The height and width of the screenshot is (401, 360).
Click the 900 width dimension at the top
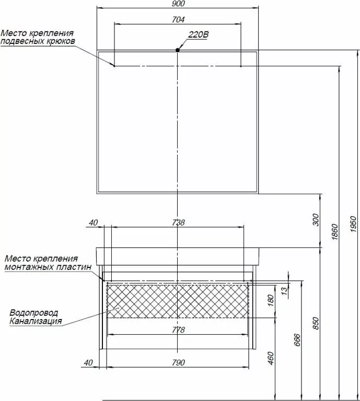click(x=178, y=4)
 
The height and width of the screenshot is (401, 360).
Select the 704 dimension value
click(x=178, y=19)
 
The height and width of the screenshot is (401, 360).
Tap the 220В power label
click(x=199, y=34)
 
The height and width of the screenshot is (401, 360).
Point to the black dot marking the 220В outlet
click(x=178, y=50)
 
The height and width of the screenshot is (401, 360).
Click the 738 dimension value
click(x=178, y=222)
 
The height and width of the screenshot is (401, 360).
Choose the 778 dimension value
click(x=178, y=330)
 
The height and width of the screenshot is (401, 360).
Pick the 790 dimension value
click(x=178, y=363)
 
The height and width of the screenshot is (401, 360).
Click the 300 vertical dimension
click(x=316, y=220)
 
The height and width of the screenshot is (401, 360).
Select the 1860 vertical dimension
click(x=335, y=232)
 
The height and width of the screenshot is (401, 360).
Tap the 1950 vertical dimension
click(x=353, y=224)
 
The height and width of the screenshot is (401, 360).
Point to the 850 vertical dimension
click(x=316, y=323)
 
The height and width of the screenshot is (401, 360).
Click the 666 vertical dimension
click(x=297, y=340)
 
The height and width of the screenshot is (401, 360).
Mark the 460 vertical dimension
click(x=271, y=358)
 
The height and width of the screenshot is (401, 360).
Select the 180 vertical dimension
click(x=271, y=300)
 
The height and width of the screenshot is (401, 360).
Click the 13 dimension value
click(x=284, y=291)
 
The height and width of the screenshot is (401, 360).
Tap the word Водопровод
click(x=34, y=313)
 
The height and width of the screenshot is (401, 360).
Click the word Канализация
click(x=36, y=321)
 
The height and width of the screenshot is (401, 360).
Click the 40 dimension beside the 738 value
click(x=93, y=223)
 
